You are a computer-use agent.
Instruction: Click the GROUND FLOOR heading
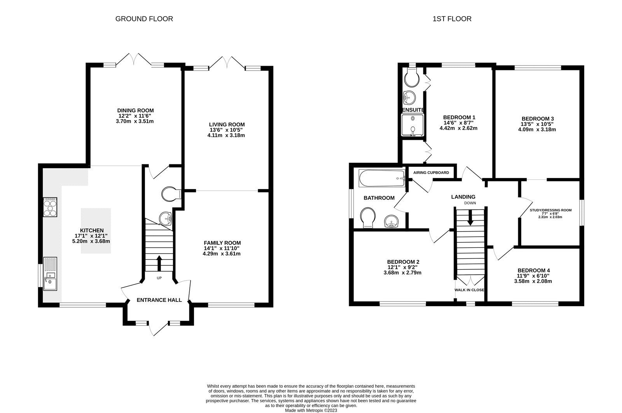point(144,19)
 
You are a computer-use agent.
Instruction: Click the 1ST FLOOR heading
point(452,19)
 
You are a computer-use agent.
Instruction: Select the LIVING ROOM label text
point(227,124)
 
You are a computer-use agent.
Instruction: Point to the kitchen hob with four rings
point(50,207)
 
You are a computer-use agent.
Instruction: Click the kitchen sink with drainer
point(50,274)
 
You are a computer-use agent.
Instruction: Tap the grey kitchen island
point(96,231)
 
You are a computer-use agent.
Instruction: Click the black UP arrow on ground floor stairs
point(159,263)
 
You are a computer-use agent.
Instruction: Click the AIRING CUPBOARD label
point(431,173)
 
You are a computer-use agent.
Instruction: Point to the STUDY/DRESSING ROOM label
point(550,210)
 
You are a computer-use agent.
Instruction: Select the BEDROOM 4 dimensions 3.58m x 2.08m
point(533,281)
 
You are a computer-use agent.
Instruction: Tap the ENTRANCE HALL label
point(159,300)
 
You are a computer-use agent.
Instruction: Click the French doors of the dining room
point(134,59)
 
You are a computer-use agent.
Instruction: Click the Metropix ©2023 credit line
point(311,410)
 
